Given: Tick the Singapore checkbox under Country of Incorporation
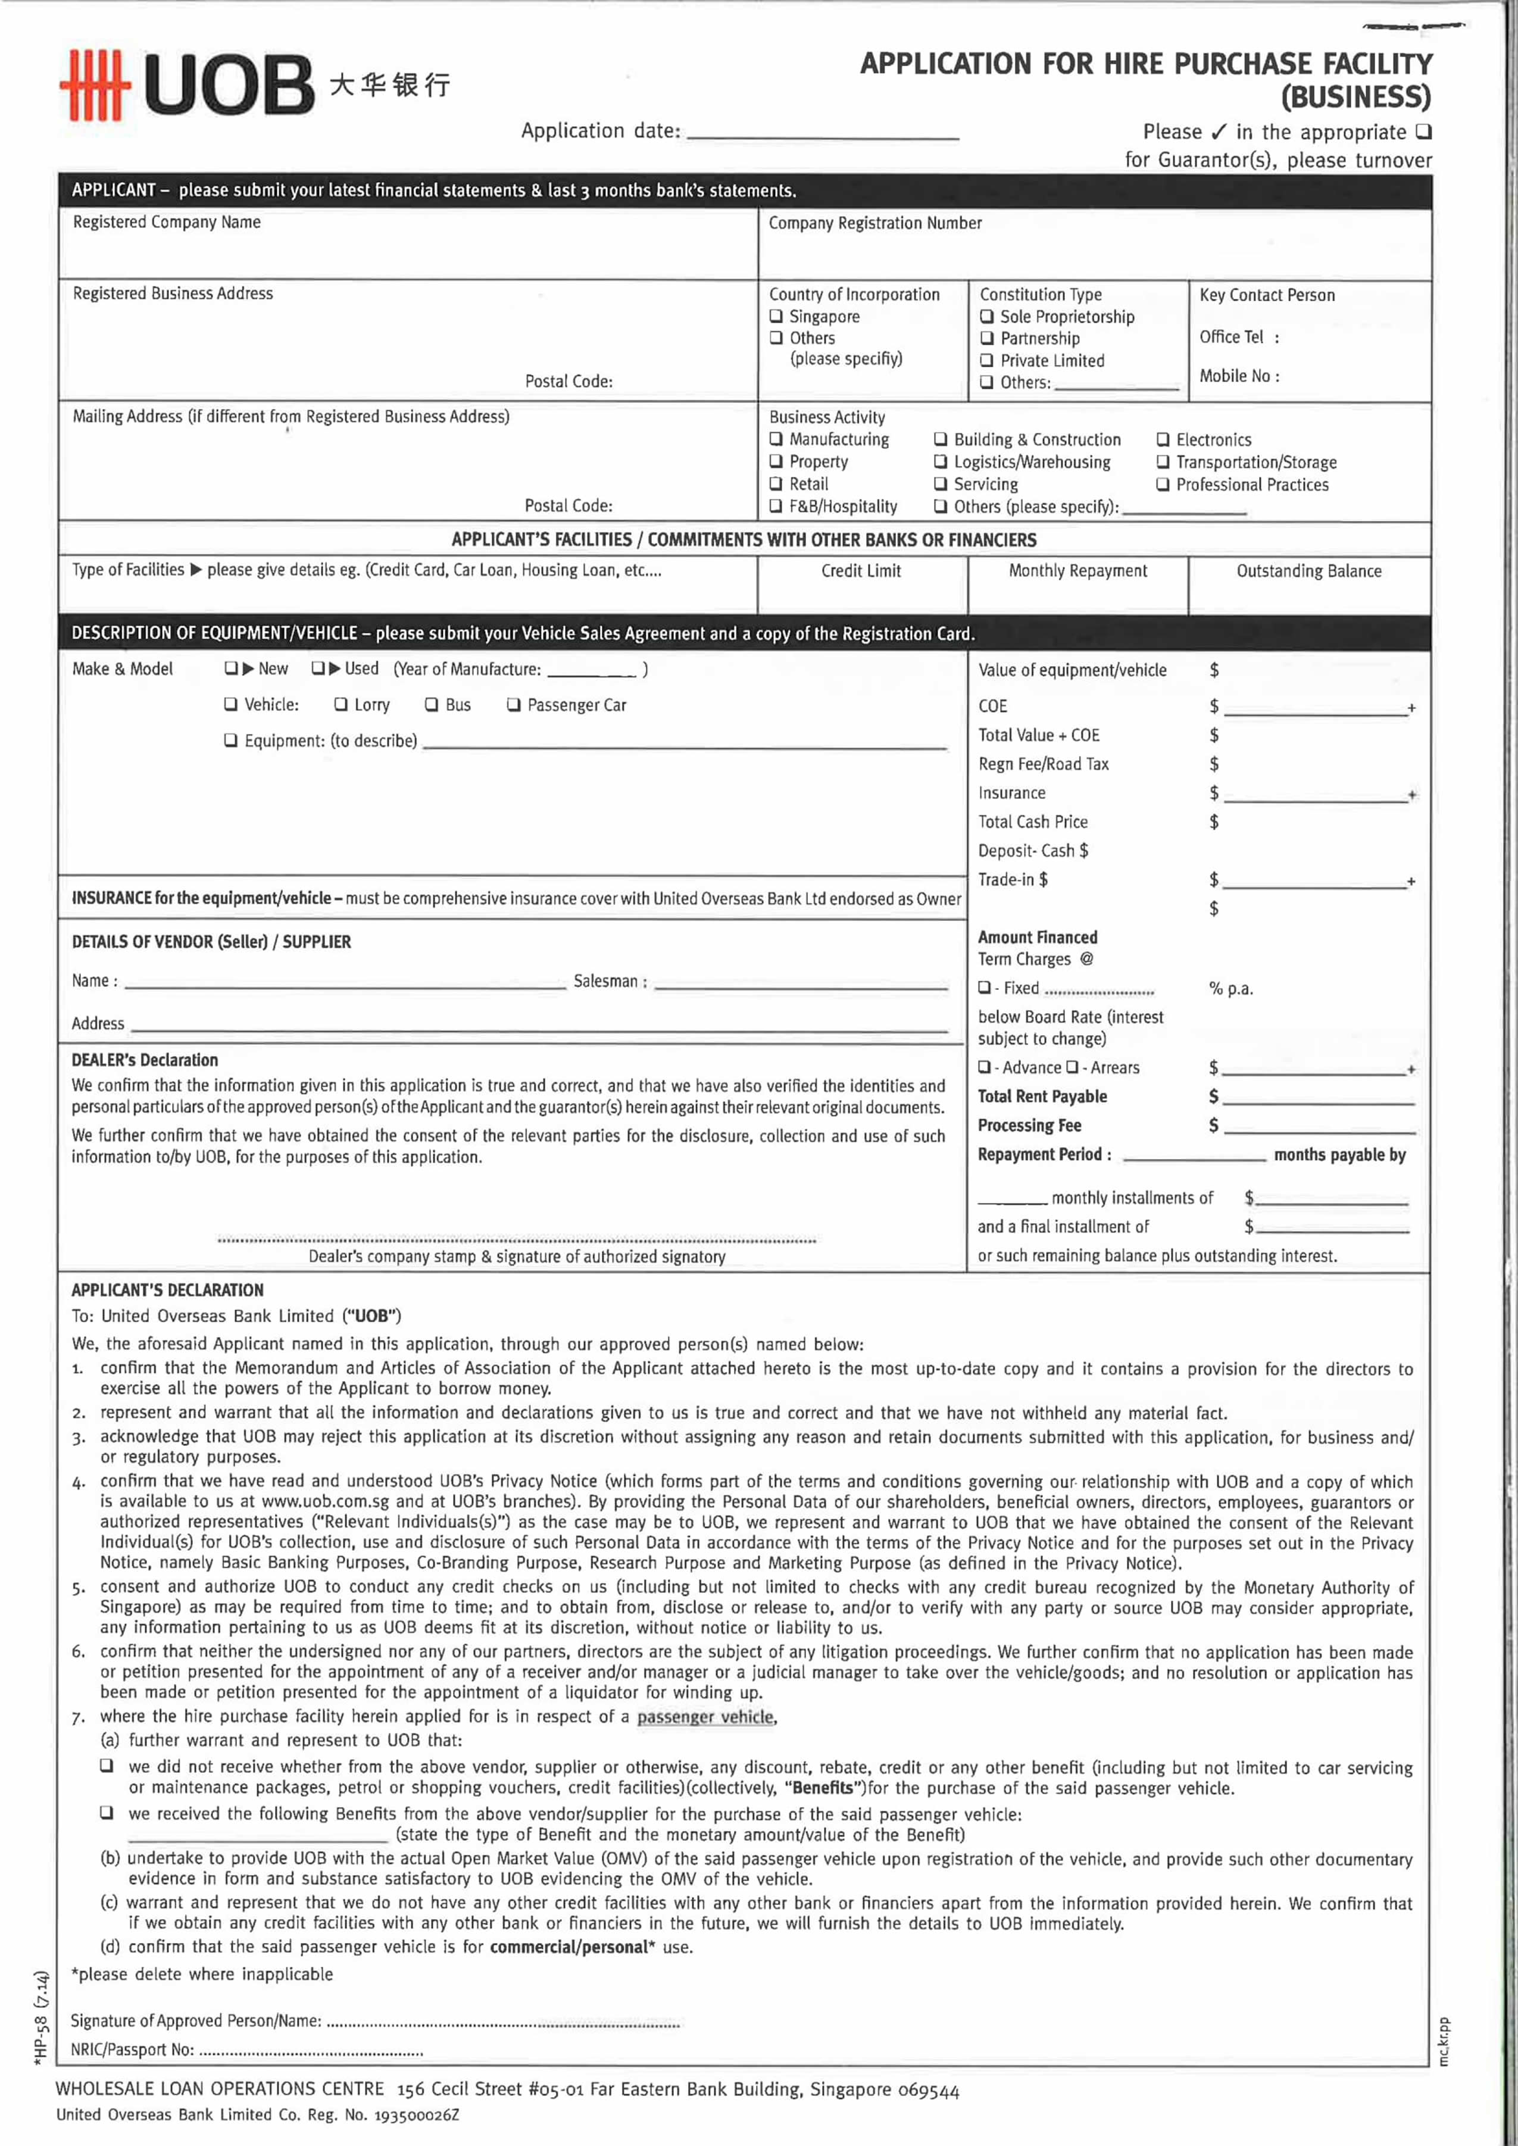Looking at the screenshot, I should pyautogui.click(x=776, y=316).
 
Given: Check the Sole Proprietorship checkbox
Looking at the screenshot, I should pyautogui.click(x=986, y=317).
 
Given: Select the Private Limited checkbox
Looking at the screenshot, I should pyautogui.click(x=986, y=361).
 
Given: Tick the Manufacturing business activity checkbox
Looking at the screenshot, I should pyautogui.click(x=776, y=439).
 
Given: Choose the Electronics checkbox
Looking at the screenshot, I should pyautogui.click(x=1163, y=439).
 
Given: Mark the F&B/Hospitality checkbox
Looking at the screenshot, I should pyautogui.click(x=776, y=507).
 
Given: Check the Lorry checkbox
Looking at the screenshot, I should pyautogui.click(x=341, y=705).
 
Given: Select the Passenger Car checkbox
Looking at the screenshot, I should pyautogui.click(x=513, y=705).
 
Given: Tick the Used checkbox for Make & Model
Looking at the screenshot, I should pyautogui.click(x=318, y=669).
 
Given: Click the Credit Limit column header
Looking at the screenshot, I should pyautogui.click(x=861, y=571).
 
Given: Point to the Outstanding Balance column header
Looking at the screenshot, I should pyautogui.click(x=1308, y=571).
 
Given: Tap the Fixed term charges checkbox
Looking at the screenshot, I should pyautogui.click(x=984, y=988).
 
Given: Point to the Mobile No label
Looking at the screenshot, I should pyautogui.click(x=1239, y=376).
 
